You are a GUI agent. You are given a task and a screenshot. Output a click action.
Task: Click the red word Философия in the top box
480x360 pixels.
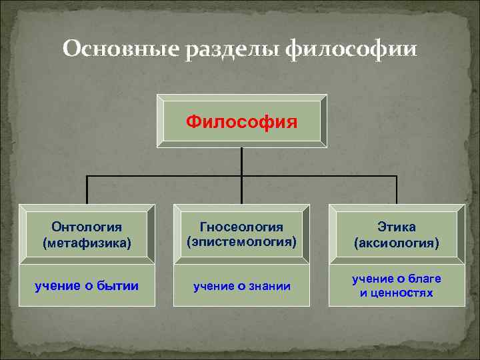click(x=242, y=121)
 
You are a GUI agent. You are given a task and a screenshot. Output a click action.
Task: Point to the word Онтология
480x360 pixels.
click(x=86, y=228)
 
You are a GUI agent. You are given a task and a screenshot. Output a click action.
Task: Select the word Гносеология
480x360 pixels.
click(x=241, y=227)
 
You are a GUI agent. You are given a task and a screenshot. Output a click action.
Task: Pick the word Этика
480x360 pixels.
click(x=397, y=228)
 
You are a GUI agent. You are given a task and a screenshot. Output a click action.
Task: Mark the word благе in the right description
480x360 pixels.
click(x=426, y=279)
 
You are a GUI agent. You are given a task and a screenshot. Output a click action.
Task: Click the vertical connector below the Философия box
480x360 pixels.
click(x=242, y=161)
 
